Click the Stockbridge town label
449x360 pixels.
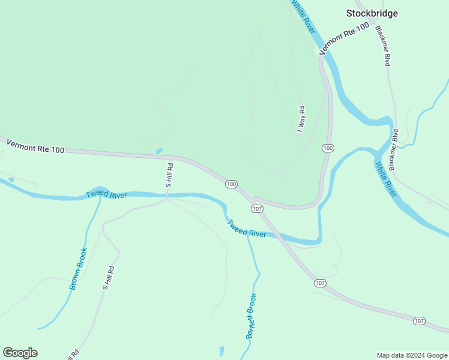(x=372, y=13)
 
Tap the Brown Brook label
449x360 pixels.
(x=78, y=269)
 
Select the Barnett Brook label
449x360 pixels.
(x=252, y=316)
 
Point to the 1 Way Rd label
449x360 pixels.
(x=301, y=119)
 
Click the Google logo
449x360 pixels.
(x=20, y=353)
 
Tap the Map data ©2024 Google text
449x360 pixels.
(x=412, y=355)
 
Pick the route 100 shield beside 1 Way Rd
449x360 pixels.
(x=327, y=148)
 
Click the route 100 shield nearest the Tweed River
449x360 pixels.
(x=232, y=184)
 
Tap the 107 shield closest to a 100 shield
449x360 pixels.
(x=257, y=208)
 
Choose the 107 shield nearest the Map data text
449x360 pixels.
(x=420, y=322)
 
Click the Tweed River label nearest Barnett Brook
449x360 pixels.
(x=246, y=229)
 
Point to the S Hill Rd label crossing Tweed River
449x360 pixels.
(x=169, y=175)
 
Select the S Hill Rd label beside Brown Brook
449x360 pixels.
(x=108, y=278)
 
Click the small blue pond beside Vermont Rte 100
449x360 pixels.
(x=158, y=151)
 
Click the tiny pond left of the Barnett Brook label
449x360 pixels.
(x=221, y=350)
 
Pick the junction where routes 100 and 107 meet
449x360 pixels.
(x=254, y=198)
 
